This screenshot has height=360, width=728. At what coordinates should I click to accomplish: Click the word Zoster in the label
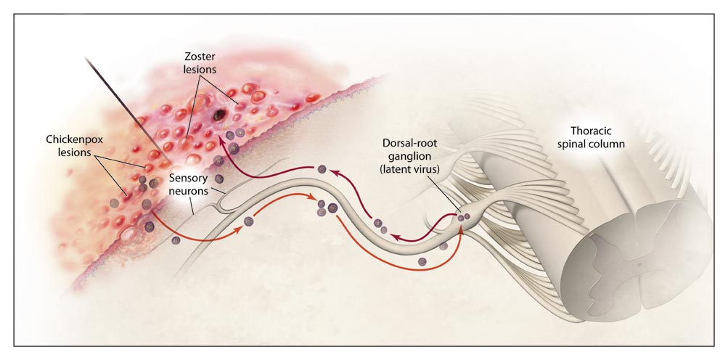(199, 57)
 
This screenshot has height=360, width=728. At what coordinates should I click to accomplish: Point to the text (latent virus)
(409, 169)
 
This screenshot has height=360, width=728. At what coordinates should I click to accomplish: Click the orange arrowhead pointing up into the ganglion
(461, 228)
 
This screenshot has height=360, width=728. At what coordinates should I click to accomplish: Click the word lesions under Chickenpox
(74, 152)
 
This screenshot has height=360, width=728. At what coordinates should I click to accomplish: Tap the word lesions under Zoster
(199, 69)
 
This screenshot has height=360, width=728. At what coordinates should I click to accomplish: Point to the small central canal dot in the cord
(639, 266)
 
